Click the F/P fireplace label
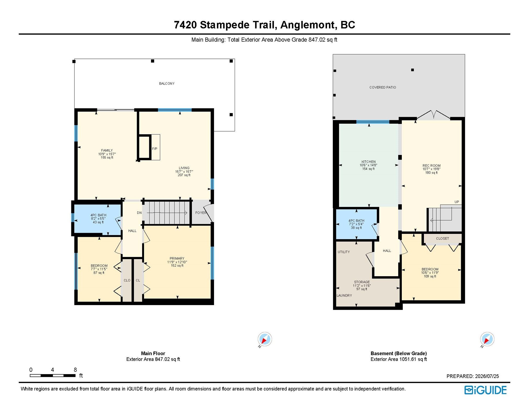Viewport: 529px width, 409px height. click(154, 149)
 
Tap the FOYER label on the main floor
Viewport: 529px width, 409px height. click(201, 213)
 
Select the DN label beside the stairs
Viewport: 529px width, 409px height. click(139, 213)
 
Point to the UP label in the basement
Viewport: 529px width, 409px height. click(457, 202)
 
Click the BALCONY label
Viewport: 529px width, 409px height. click(167, 83)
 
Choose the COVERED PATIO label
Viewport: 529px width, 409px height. click(382, 87)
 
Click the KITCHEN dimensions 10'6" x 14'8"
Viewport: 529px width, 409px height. click(368, 165)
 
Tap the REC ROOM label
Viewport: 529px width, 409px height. click(431, 166)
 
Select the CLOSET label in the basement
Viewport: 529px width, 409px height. click(442, 238)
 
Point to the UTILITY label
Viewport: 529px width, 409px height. click(344, 252)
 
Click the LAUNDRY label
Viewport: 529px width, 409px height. click(344, 296)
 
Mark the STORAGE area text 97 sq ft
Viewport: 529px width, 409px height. click(361, 289)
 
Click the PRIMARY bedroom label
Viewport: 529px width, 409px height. click(177, 259)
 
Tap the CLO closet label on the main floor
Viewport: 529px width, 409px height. click(127, 280)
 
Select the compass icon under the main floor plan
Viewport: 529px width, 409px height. click(264, 339)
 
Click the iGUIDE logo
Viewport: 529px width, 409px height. click(485, 390)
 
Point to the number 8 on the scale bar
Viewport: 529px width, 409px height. click(75, 370)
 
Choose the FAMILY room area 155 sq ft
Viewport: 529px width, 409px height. click(107, 158)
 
